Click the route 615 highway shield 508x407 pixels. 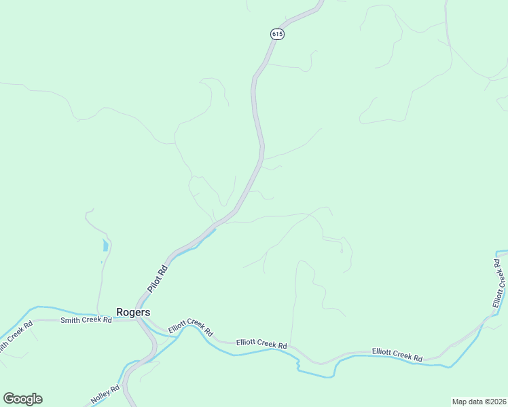[x=276, y=34]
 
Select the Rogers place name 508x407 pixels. [x=133, y=312]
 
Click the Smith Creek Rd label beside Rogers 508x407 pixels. [x=86, y=320]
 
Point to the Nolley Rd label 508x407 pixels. [x=105, y=394]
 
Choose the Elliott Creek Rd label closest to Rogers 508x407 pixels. [x=191, y=328]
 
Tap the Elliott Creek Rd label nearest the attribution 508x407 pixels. [x=397, y=353]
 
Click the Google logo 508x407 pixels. [x=22, y=399]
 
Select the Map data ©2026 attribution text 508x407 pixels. [x=479, y=402]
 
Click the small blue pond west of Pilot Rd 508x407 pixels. [x=105, y=245]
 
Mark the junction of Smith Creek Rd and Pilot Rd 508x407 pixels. [x=138, y=319]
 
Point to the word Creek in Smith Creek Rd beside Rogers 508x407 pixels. [x=88, y=320]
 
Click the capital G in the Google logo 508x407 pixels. [x=9, y=399]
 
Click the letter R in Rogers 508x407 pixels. [x=120, y=312]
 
